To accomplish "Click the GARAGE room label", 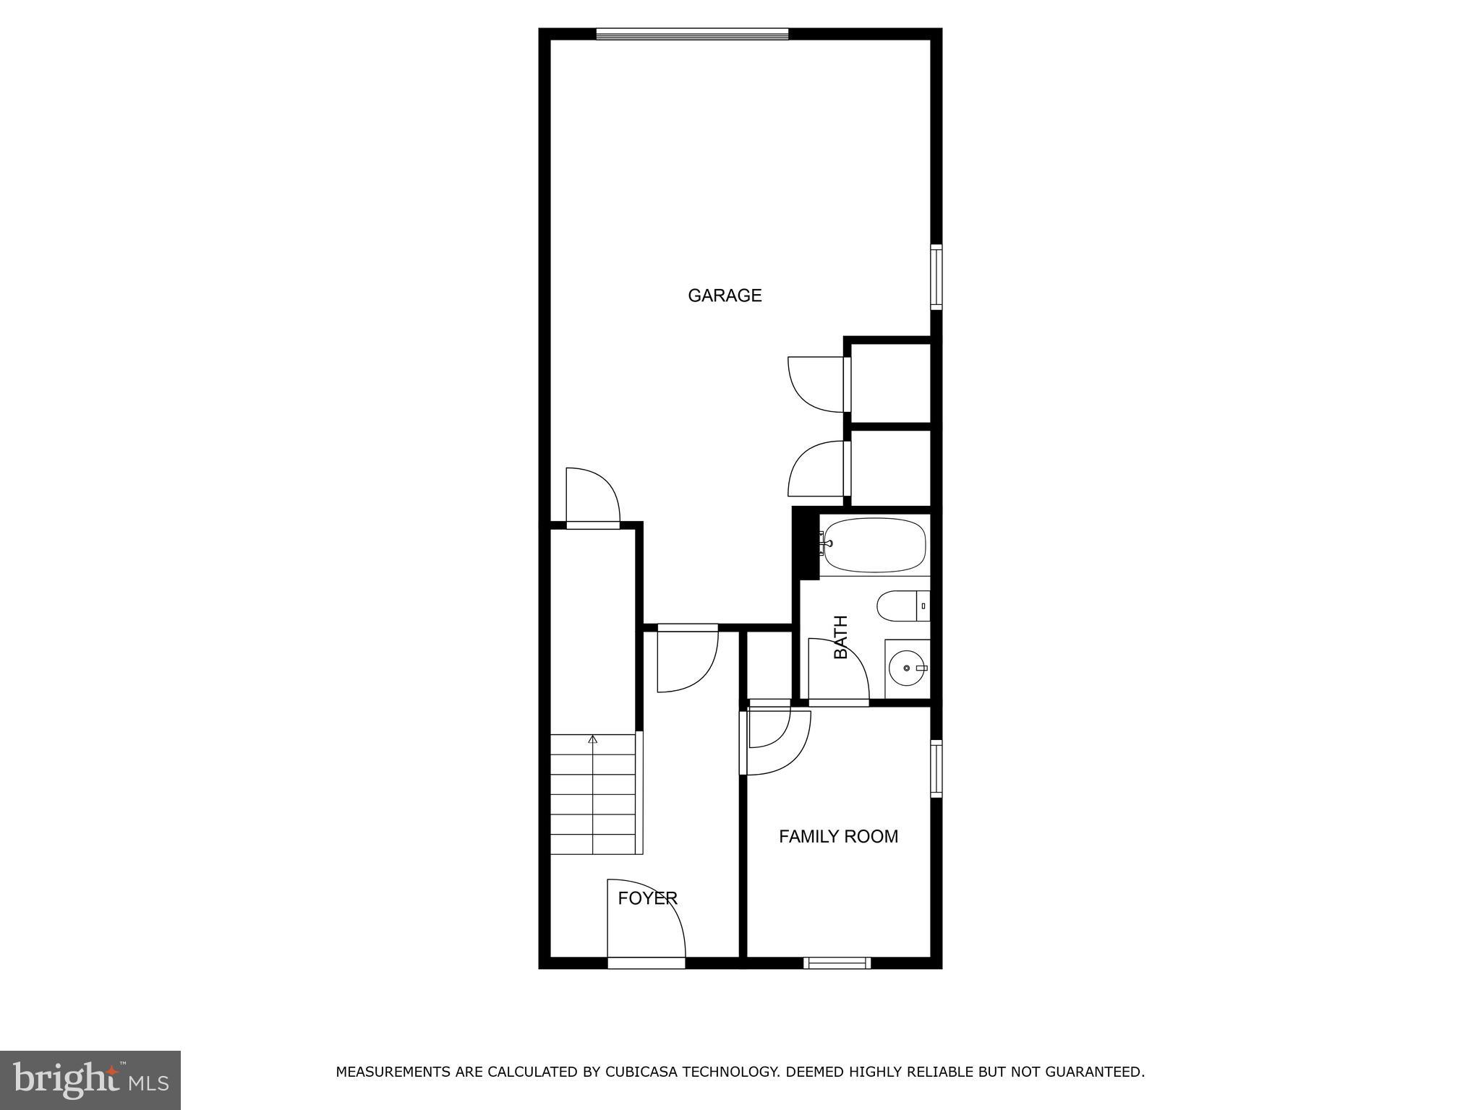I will click(725, 296).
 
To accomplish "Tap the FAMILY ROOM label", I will click(838, 836).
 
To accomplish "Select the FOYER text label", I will click(647, 898).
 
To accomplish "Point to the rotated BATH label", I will click(840, 637).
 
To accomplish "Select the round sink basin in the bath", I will click(905, 668).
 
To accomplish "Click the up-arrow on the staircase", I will click(593, 739).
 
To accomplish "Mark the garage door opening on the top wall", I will click(692, 33).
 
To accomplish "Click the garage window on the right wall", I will click(936, 277).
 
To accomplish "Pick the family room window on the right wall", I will click(936, 768).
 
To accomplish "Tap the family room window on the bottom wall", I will click(837, 962).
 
